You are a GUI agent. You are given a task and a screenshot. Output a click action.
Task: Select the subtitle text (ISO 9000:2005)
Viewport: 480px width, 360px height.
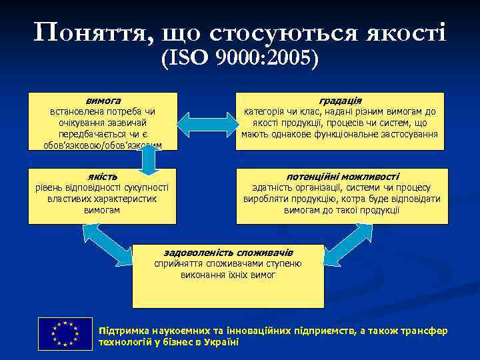pyautogui.click(x=240, y=61)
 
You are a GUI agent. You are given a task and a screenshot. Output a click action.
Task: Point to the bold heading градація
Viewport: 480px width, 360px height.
pyautogui.click(x=340, y=99)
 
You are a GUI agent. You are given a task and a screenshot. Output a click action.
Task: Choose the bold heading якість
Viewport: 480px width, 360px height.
pyautogui.click(x=103, y=177)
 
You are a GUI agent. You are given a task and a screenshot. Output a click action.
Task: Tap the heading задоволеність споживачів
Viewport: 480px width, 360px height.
pyautogui.click(x=228, y=252)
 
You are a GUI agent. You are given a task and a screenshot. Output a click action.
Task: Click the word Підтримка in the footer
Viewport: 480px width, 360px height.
pyautogui.click(x=122, y=331)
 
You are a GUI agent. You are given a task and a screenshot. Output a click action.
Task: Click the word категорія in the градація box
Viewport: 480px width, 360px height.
pyautogui.click(x=264, y=111)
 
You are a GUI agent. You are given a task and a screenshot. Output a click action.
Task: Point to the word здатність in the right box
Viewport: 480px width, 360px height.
pyautogui.click(x=271, y=188)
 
